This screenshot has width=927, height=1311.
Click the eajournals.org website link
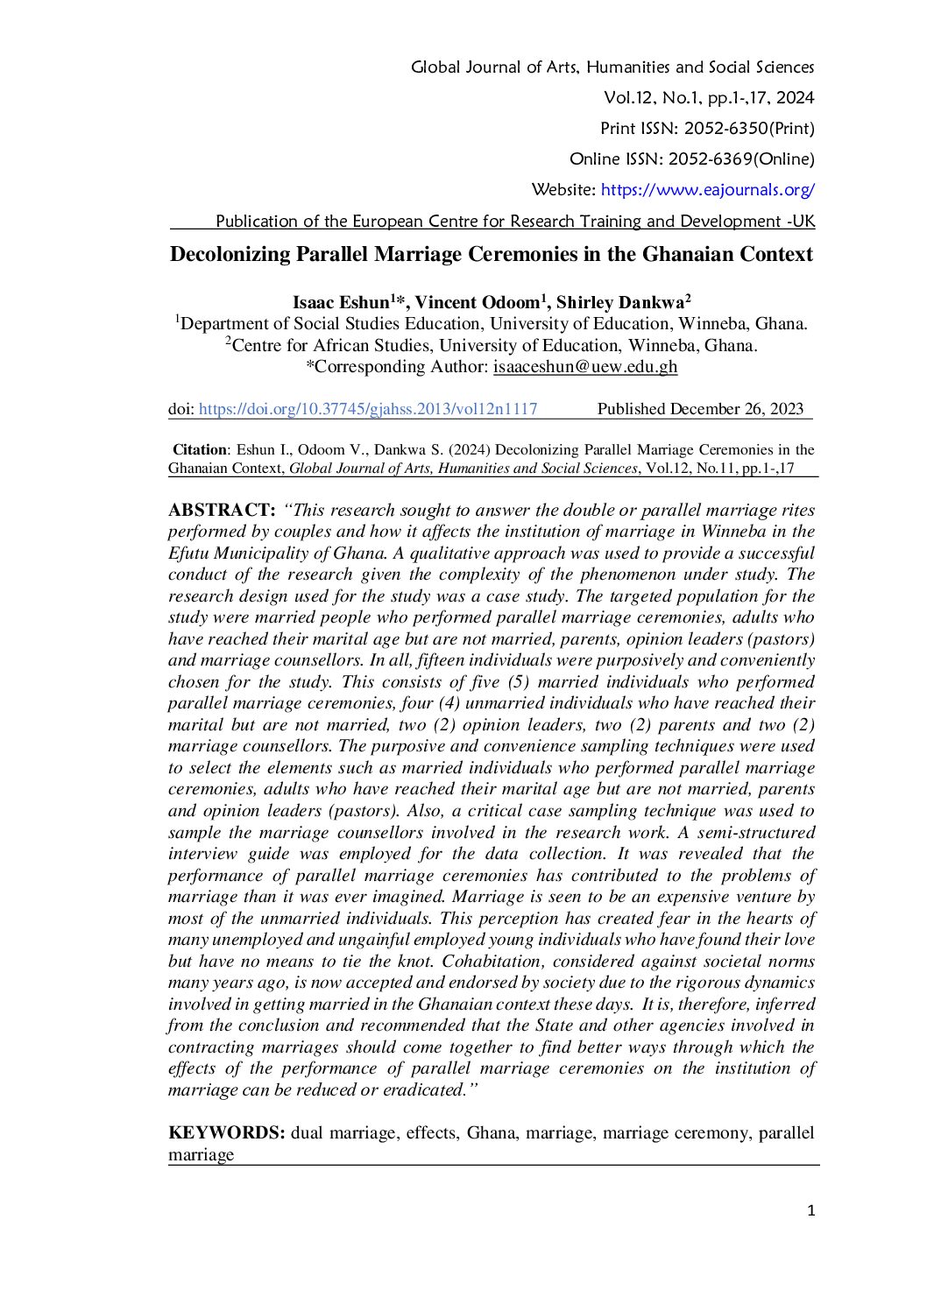pyautogui.click(x=707, y=189)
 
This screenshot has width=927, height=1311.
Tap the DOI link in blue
pyautogui.click(x=368, y=409)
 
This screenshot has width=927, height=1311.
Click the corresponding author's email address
pyautogui.click(x=585, y=367)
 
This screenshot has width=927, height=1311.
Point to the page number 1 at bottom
pyautogui.click(x=810, y=1211)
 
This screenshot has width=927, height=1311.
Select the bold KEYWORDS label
pyautogui.click(x=226, y=1132)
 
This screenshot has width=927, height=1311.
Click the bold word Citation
pyautogui.click(x=199, y=450)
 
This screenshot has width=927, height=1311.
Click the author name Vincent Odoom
pyautogui.click(x=476, y=303)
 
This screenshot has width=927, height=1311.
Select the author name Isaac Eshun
pyautogui.click(x=340, y=303)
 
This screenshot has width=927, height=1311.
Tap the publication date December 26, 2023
pyautogui.click(x=736, y=409)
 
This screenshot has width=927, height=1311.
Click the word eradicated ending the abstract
pyautogui.click(x=425, y=1089)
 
